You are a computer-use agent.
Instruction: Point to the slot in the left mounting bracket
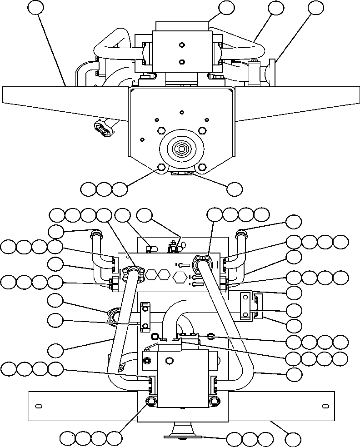(39, 405)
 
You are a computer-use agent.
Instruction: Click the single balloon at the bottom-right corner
(293, 439)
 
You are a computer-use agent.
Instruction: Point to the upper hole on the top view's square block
(182, 45)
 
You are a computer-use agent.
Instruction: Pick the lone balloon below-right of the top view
(235, 189)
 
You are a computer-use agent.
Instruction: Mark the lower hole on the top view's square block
(182, 62)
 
